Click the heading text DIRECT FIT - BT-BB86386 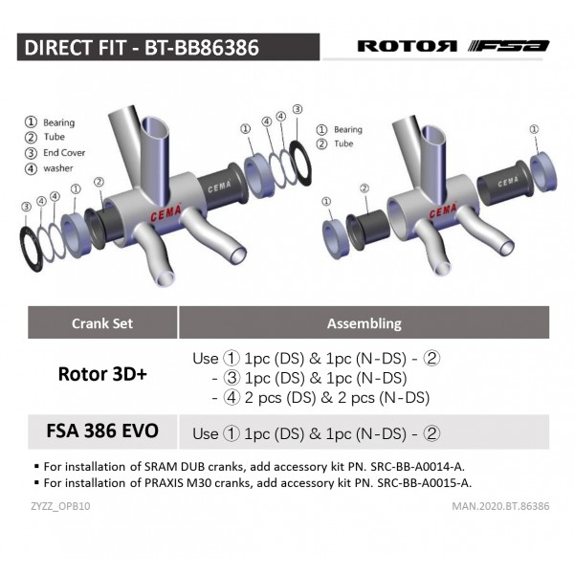[x=141, y=47]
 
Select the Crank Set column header [x=102, y=323]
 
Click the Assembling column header [x=364, y=323]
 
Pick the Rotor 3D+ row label [x=102, y=373]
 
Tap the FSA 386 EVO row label [x=102, y=431]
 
